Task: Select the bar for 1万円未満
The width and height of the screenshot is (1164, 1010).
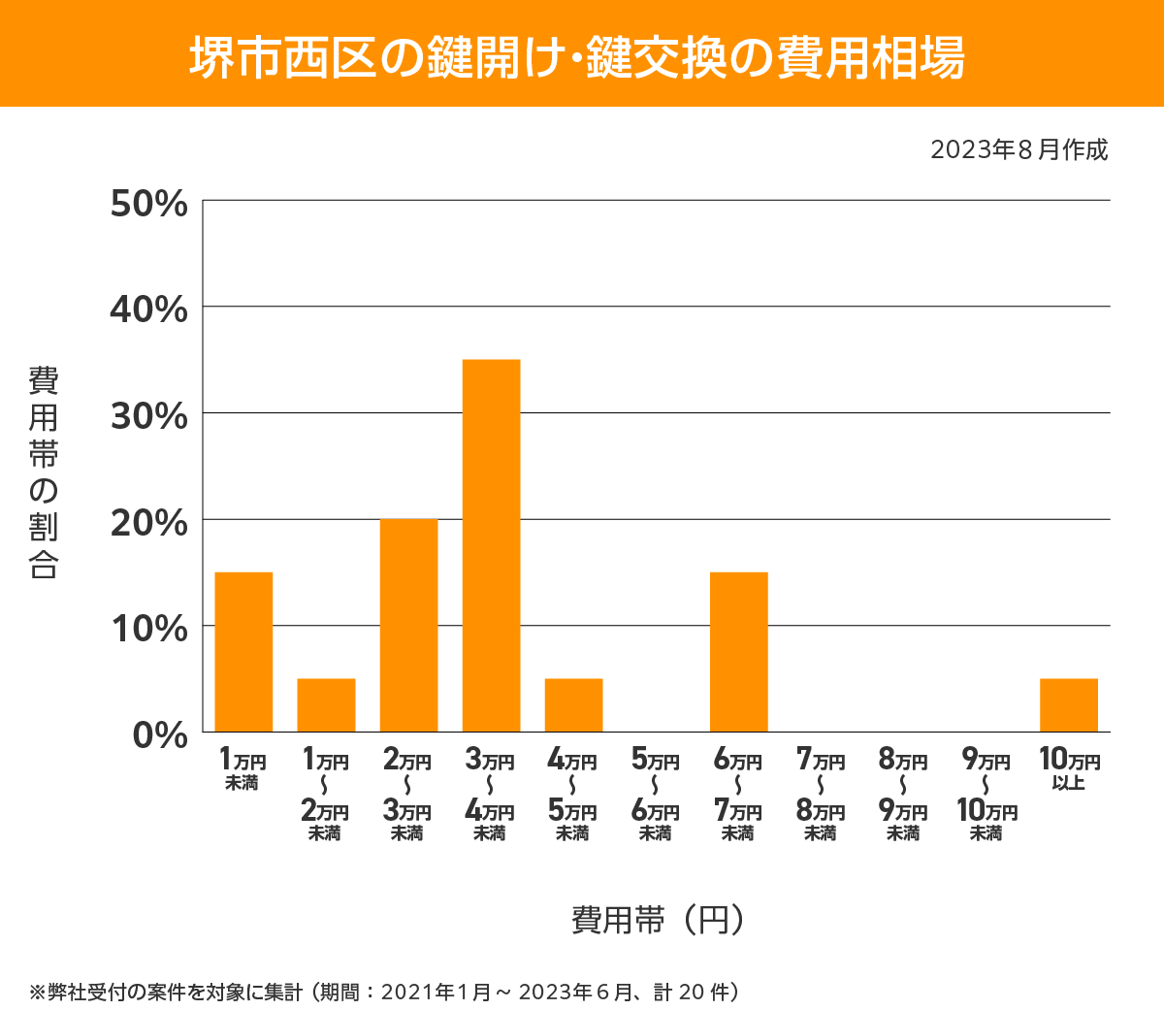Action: pyautogui.click(x=243, y=652)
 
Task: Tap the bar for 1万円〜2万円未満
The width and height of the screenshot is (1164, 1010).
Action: pyautogui.click(x=326, y=705)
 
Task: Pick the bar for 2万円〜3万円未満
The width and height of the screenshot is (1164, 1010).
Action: pyautogui.click(x=408, y=626)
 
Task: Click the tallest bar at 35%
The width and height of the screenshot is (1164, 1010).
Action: pyautogui.click(x=491, y=545)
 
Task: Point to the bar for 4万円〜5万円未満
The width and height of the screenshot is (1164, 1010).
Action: pyautogui.click(x=573, y=705)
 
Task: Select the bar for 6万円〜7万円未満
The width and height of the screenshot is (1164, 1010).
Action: pyautogui.click(x=739, y=652)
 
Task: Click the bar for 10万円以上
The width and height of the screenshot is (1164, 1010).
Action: pyautogui.click(x=1069, y=705)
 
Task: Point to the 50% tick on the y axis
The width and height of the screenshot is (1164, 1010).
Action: pyautogui.click(x=149, y=205)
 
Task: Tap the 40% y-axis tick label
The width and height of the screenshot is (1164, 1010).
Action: pyautogui.click(x=149, y=310)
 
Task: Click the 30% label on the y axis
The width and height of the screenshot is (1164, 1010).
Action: pyautogui.click(x=149, y=416)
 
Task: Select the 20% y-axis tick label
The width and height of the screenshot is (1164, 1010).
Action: pyautogui.click(x=149, y=523)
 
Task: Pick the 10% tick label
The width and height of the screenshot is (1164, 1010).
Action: pyautogui.click(x=149, y=629)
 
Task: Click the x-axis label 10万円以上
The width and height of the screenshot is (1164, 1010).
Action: pyautogui.click(x=1069, y=768)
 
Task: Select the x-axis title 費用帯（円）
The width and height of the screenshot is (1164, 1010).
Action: pyautogui.click(x=657, y=919)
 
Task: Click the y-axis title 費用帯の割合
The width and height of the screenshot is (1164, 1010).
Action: pyautogui.click(x=44, y=472)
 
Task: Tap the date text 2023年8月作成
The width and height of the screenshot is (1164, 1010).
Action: pyautogui.click(x=1018, y=150)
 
